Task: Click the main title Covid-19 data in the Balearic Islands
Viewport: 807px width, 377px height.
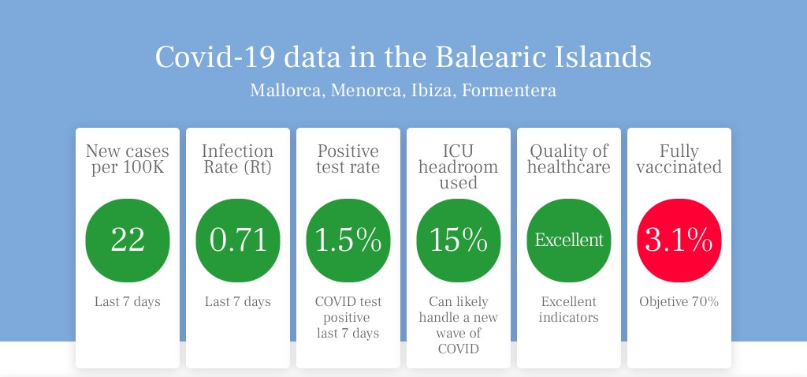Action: pos(403,57)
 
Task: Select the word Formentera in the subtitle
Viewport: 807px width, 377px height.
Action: pos(508,91)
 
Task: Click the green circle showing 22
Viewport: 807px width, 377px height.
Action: pos(127,241)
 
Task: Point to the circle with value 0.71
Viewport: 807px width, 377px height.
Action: pos(238,241)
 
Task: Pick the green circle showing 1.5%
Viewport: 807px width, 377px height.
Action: pos(348,241)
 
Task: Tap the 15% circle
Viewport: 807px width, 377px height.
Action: pos(458,241)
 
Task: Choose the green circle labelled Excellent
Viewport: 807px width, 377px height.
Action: pos(569,241)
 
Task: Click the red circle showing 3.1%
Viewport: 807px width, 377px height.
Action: pos(679,241)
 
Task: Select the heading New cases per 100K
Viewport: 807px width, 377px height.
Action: pos(127,159)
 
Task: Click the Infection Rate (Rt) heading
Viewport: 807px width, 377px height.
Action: pos(238,159)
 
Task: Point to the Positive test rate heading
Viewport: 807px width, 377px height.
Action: pos(348,159)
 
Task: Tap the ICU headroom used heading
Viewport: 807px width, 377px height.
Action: pos(458,167)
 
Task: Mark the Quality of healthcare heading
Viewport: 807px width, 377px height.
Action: pos(569,159)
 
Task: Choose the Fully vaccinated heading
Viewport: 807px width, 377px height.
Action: pos(679,159)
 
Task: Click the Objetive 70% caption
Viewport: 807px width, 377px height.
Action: pos(679,302)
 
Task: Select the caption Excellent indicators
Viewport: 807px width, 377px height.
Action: pos(569,309)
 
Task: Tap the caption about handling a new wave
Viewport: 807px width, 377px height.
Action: pos(458,325)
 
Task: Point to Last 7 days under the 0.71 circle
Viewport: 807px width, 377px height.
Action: pos(238,302)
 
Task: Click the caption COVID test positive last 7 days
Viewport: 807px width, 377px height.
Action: pos(348,317)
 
